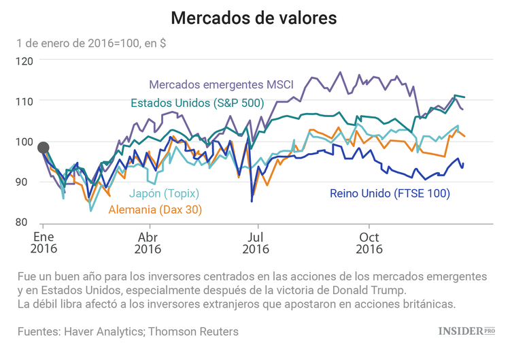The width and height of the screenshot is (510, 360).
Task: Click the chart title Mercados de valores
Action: (x=254, y=18)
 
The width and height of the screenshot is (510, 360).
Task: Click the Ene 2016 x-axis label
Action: (x=43, y=243)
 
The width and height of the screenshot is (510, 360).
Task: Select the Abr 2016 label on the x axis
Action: (x=148, y=243)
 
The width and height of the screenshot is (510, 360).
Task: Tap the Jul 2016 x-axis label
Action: (x=256, y=243)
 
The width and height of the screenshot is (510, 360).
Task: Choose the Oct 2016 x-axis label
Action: (x=369, y=243)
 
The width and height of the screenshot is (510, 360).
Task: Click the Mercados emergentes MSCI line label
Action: (x=221, y=85)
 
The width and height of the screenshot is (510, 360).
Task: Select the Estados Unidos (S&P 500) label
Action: (x=197, y=103)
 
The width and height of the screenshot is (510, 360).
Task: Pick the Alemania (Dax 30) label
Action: (x=155, y=210)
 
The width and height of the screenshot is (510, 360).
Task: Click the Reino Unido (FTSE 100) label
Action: (x=390, y=193)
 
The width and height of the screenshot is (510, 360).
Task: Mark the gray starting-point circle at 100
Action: (x=44, y=148)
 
